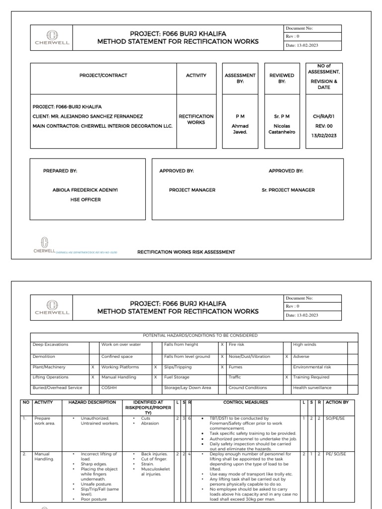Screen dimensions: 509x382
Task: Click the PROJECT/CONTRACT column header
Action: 103,76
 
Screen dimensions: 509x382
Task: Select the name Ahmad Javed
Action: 240,129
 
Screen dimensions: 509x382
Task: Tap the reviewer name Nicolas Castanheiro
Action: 282,129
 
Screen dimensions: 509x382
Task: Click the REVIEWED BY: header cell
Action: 282,79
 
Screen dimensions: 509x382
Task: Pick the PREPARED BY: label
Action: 60,171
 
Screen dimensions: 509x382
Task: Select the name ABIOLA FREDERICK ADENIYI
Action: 85,190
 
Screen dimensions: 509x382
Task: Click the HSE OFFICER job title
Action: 85,200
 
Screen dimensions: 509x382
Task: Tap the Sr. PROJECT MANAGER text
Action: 288,190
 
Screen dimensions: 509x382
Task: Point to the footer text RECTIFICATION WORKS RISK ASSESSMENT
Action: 186,252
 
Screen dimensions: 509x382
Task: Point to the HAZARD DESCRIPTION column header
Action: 92,402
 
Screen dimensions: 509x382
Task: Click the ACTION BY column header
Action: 337,402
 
